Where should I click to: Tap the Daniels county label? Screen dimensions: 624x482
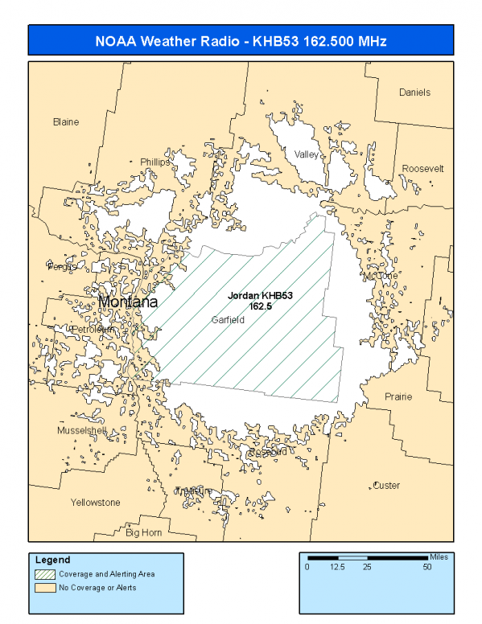[414, 92]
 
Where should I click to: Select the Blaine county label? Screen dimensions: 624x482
[66, 122]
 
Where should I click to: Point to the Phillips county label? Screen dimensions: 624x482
[155, 162]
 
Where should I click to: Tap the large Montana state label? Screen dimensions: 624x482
[128, 302]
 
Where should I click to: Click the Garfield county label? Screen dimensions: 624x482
[228, 319]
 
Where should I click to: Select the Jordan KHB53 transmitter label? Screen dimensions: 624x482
[260, 296]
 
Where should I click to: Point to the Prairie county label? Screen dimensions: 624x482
[398, 396]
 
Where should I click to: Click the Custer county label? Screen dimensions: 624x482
[386, 486]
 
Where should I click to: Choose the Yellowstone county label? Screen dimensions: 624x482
[95, 503]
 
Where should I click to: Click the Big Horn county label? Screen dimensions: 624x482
[144, 532]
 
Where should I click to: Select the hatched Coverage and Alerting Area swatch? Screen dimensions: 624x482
[43, 574]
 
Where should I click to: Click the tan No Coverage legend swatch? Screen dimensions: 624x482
[43, 588]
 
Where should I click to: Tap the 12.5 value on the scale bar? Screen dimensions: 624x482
[337, 567]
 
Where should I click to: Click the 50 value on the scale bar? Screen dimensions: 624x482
[427, 567]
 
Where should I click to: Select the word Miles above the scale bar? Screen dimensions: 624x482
[439, 556]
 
